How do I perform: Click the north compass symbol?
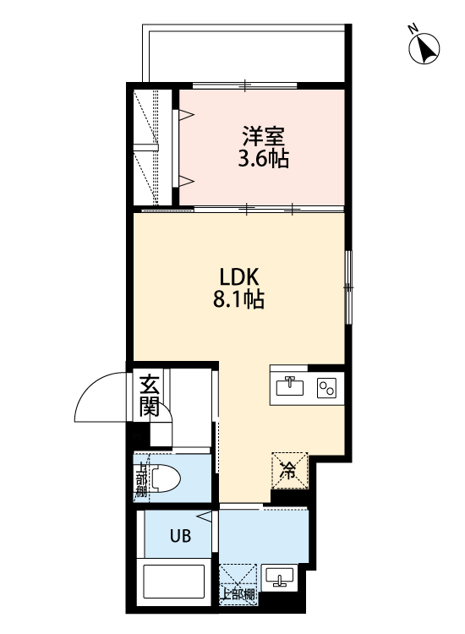(x=426, y=50)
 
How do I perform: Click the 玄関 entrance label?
(x=150, y=396)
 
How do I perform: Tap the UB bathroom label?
(x=179, y=534)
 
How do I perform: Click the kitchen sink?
(x=289, y=386)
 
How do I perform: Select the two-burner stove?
(x=326, y=387)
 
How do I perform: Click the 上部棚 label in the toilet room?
(x=141, y=478)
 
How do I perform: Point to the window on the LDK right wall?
(x=347, y=288)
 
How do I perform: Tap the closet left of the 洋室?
(x=154, y=148)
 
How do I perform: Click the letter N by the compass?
(x=414, y=29)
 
